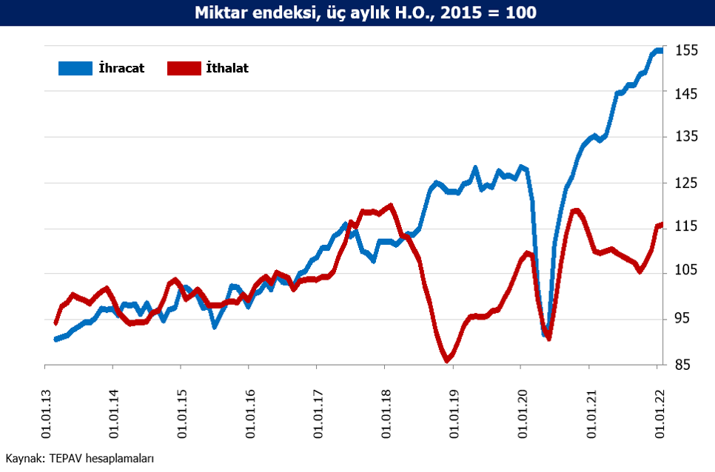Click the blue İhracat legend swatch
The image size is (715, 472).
[x=75, y=68]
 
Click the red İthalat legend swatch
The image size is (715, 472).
[x=184, y=68]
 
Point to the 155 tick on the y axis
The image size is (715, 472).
[x=686, y=50]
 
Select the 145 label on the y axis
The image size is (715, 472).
[x=686, y=94]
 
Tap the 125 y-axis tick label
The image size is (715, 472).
[x=686, y=183]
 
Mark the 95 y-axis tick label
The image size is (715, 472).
[x=682, y=318]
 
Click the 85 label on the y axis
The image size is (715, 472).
[x=682, y=365]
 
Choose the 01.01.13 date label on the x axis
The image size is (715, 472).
[x=46, y=414]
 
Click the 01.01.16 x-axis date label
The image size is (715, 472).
[x=250, y=414]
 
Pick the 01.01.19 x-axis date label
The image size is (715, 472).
[x=454, y=414]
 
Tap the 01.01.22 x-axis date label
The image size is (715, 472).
[x=659, y=414]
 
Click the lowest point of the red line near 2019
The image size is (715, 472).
[x=447, y=361]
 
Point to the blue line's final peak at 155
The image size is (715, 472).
[x=659, y=50]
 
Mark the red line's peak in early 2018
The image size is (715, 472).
[x=390, y=206]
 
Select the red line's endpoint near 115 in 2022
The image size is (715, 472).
[x=661, y=225]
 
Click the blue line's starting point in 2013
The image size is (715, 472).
[x=56, y=340]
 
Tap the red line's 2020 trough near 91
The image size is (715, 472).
[x=548, y=338]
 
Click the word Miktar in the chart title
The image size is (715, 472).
[x=221, y=13]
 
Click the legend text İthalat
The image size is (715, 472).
[x=227, y=68]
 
